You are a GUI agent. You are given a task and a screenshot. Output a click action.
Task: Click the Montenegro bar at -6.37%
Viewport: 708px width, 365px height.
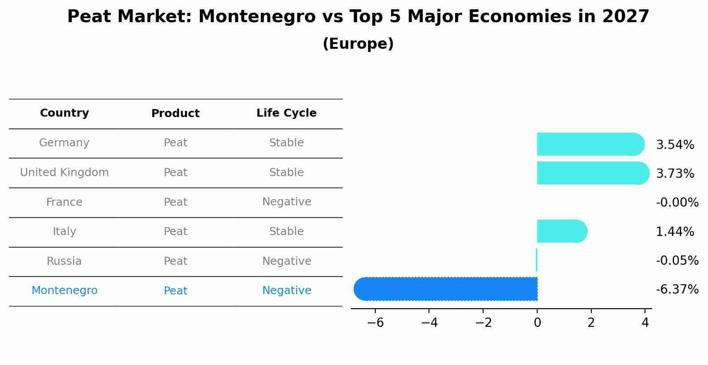(x=446, y=289)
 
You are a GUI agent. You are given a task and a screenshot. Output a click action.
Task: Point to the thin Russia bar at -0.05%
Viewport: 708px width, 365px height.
(x=536, y=260)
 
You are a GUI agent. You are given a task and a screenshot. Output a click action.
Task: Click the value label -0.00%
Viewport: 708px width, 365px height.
(x=677, y=203)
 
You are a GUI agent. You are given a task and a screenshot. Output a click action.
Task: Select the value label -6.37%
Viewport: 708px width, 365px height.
(x=677, y=290)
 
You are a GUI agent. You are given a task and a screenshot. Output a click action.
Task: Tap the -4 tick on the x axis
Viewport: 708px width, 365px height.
(x=429, y=323)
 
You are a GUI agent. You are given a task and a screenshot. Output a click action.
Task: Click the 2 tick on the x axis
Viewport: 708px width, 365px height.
(x=591, y=323)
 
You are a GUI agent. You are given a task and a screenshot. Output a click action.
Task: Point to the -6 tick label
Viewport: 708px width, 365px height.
(x=375, y=323)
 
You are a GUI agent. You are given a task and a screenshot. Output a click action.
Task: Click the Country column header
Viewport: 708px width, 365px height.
(x=64, y=113)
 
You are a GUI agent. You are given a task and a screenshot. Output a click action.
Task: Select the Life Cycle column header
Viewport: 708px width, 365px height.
(x=286, y=113)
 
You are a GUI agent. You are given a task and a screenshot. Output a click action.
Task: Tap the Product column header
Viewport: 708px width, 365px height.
(x=175, y=114)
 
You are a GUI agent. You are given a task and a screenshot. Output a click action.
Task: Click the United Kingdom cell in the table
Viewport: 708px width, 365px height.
(x=64, y=173)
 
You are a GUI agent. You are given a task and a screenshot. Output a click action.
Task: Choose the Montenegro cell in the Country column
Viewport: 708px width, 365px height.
(x=64, y=290)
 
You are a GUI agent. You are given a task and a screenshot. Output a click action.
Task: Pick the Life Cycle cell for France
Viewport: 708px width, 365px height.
(x=287, y=202)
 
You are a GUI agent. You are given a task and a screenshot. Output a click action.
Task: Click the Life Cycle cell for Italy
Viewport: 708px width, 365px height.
(x=287, y=232)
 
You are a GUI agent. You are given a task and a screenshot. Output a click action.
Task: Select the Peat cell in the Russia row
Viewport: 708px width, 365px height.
(x=175, y=261)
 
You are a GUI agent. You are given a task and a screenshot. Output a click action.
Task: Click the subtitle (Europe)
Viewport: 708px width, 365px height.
(x=358, y=44)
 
